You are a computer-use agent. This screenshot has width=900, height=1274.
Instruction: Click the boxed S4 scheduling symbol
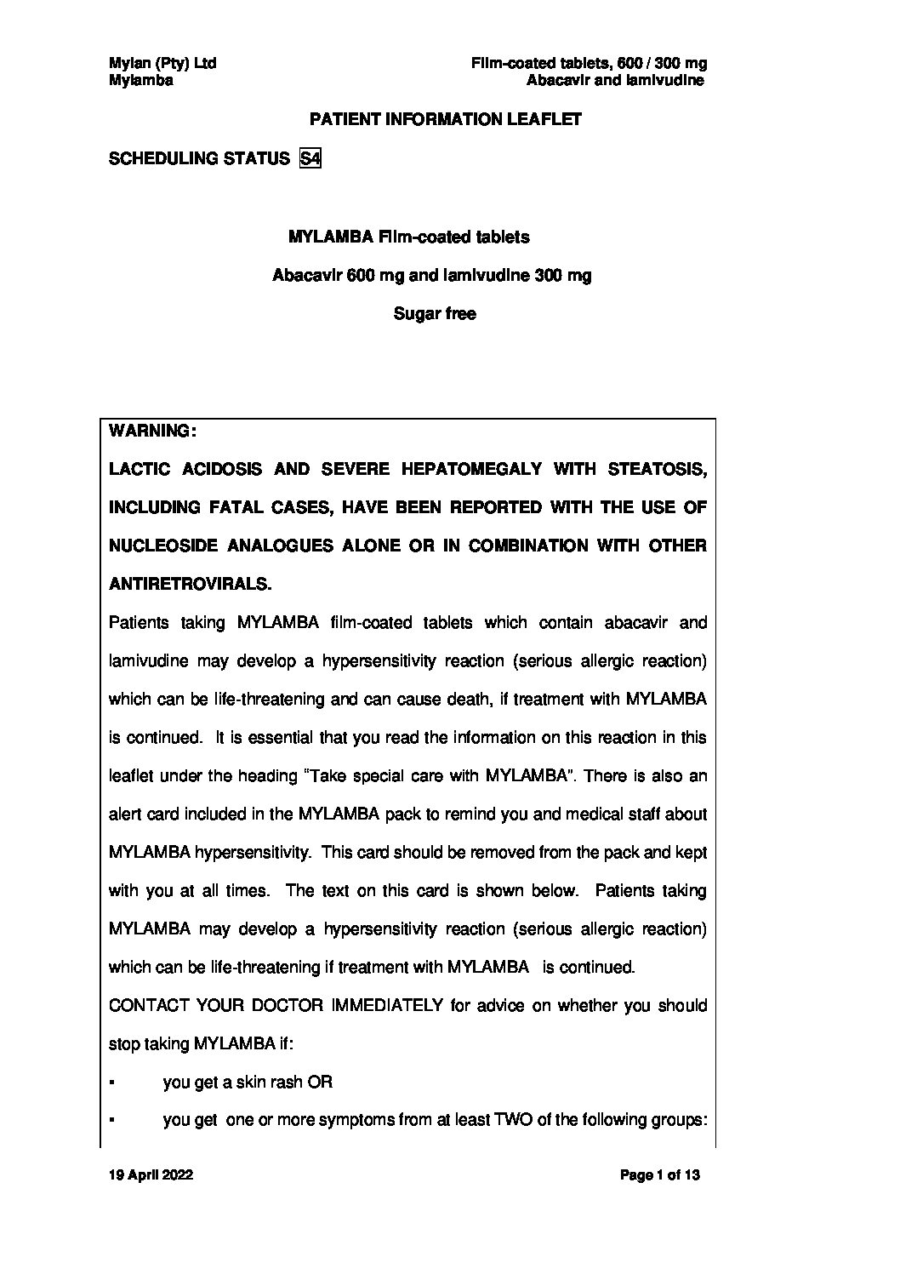pos(310,158)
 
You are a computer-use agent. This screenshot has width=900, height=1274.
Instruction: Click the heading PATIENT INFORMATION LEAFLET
pos(445,119)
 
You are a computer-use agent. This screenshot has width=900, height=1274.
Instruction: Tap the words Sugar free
pos(435,314)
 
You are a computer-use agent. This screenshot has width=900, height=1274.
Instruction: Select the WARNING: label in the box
pos(153,431)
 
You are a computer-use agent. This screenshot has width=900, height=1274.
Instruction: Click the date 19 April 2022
pos(151,1175)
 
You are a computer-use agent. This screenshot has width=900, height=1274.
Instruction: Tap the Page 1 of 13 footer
pos(660,1175)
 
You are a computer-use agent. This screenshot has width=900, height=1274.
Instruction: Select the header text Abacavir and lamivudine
pos(615,81)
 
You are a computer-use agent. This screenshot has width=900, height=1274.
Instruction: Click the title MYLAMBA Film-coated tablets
pos(409,237)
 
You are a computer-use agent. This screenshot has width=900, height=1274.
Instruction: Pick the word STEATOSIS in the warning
pos(657,469)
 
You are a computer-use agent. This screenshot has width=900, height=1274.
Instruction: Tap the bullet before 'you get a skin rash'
pos(113,1083)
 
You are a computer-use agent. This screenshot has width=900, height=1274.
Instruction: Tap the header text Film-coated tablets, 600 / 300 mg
pos(590,63)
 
